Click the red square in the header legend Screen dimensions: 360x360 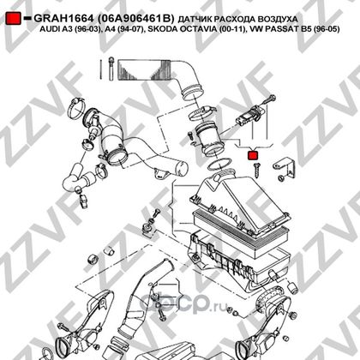tap(13, 18)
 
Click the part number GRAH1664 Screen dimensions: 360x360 tap(63, 19)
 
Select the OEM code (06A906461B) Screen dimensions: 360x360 tap(135, 19)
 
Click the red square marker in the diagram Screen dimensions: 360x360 tap(253, 155)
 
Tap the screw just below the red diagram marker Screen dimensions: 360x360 tap(256, 170)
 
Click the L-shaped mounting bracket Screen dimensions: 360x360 tap(285, 169)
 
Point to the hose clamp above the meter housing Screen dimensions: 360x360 tap(201, 112)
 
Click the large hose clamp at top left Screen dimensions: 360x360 tap(76, 108)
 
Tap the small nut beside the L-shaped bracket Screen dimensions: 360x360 tap(280, 178)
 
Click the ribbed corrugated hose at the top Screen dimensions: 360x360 tap(147, 70)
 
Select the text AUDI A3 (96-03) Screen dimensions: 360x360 tap(70, 29)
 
